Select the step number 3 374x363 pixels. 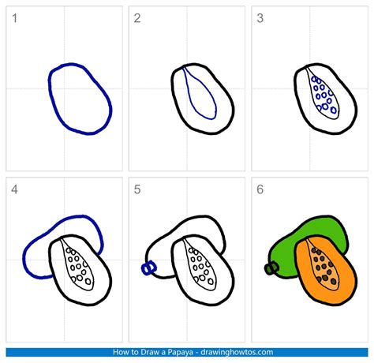pyautogui.click(x=260, y=18)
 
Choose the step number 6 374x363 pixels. pyautogui.click(x=260, y=189)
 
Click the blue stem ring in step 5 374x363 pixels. pyautogui.click(x=147, y=268)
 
